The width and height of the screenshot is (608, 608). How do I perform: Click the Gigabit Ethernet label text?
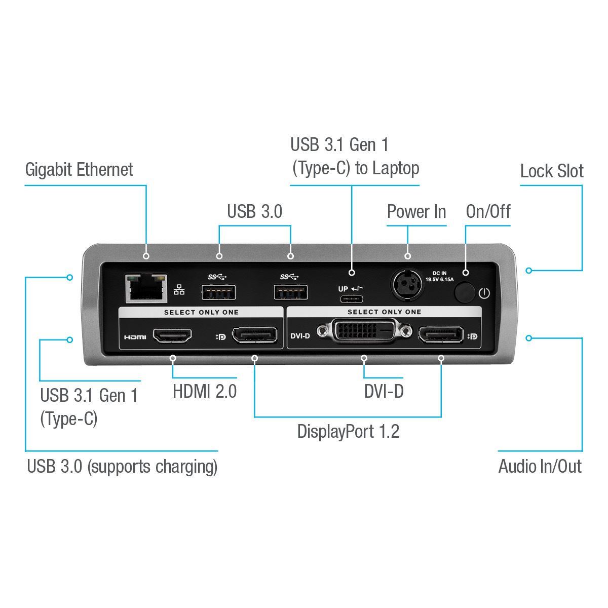(79, 170)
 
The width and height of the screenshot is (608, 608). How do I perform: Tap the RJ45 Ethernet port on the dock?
(146, 288)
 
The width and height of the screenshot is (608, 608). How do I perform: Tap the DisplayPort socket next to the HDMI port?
(254, 335)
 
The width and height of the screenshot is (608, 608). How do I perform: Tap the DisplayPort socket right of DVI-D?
(440, 335)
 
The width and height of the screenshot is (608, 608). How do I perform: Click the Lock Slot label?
(551, 171)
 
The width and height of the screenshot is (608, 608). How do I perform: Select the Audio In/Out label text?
(540, 466)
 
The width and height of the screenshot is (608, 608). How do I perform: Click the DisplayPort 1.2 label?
(348, 432)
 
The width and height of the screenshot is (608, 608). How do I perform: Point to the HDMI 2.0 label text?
(205, 392)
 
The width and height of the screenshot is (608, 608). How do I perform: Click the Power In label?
(416, 211)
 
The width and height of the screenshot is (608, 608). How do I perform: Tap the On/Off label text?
(487, 211)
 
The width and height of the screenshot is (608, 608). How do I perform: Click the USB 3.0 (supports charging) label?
(122, 466)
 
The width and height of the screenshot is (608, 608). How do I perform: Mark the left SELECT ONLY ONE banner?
(201, 313)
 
